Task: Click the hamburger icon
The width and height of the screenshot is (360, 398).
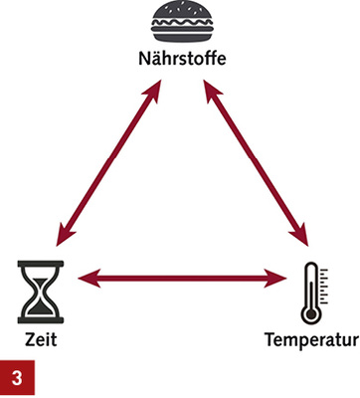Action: [x=180, y=24]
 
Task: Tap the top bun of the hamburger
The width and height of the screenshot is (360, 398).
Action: [x=180, y=13]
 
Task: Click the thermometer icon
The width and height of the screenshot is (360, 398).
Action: [x=311, y=293]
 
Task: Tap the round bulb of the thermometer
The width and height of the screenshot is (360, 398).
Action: [x=311, y=313]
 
